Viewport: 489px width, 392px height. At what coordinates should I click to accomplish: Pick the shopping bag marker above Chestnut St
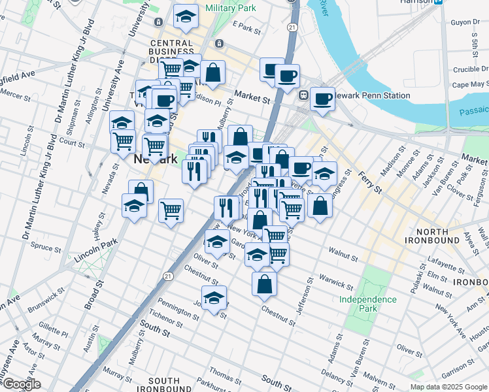click(x=263, y=284)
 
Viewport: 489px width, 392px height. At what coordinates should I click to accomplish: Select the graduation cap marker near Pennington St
click(x=213, y=298)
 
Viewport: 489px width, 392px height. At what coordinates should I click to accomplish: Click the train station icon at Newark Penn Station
click(x=303, y=95)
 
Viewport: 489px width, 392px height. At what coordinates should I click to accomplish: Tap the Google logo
click(x=21, y=385)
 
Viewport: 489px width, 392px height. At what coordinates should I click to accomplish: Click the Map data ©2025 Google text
click(x=448, y=387)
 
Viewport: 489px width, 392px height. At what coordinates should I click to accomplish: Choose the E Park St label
click(x=246, y=28)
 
